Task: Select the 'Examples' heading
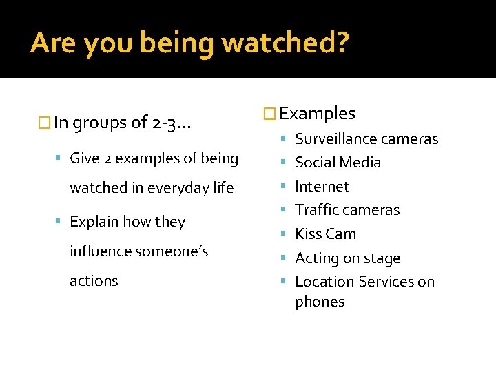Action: click(x=318, y=114)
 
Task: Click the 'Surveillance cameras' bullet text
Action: click(x=366, y=139)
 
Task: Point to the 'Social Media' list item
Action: click(x=338, y=163)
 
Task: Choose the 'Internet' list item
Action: click(x=322, y=187)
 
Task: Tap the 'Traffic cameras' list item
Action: click(x=347, y=210)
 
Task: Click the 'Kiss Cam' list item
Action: click(x=325, y=234)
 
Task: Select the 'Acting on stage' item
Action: click(x=347, y=258)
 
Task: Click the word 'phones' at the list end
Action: click(x=320, y=302)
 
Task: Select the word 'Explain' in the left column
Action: click(x=94, y=222)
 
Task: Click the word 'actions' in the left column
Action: click(x=94, y=281)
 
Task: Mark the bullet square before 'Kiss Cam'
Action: click(x=287, y=235)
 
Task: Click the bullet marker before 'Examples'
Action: click(x=269, y=114)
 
